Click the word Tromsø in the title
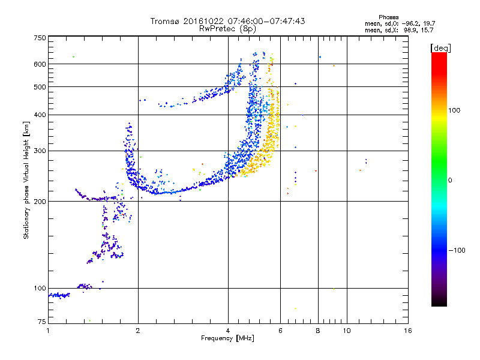(165, 21)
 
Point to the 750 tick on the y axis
(40, 38)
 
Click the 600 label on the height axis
(40, 64)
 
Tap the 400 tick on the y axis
(40, 115)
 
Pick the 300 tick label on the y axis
(40, 151)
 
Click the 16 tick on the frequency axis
(407, 331)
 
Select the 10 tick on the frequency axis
(346, 331)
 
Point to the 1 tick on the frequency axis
(48, 331)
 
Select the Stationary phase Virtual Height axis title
(26, 180)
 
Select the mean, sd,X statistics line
(399, 29)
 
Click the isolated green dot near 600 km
(73, 56)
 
